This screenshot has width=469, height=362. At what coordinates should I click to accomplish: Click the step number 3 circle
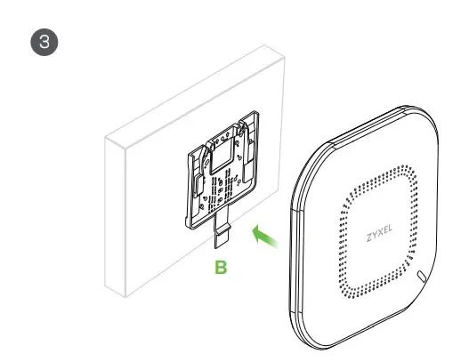click(x=40, y=42)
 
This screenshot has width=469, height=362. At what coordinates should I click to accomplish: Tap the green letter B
click(x=223, y=266)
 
